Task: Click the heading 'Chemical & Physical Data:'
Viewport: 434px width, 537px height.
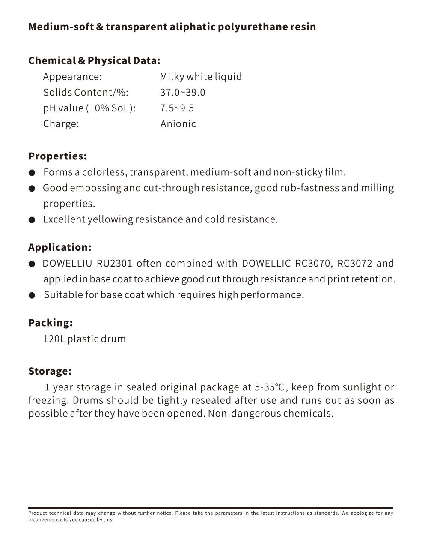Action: (94, 60)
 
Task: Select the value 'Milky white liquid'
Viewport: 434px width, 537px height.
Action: (201, 77)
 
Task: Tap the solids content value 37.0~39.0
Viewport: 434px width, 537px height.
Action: (183, 93)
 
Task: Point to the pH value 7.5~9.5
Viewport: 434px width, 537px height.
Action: (177, 108)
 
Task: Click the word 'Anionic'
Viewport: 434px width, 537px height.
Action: (178, 124)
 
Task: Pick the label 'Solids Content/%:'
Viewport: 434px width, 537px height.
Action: (86, 93)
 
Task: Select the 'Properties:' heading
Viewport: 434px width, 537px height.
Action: (57, 156)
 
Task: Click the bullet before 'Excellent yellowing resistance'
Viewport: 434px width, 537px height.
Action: (32, 220)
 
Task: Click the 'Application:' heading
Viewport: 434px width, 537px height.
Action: (60, 247)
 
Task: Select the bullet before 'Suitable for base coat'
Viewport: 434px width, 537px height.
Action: (32, 296)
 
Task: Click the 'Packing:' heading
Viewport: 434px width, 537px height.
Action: (51, 323)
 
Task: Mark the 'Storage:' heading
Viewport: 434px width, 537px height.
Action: (50, 371)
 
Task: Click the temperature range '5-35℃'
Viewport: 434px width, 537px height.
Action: (269, 387)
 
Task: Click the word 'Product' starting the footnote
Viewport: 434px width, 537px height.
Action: (37, 513)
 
